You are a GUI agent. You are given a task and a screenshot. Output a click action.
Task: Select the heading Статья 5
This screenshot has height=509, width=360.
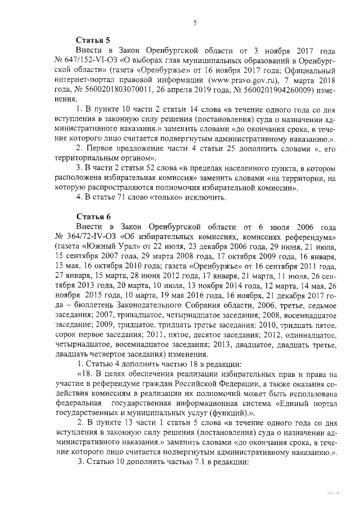coord(93,40)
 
